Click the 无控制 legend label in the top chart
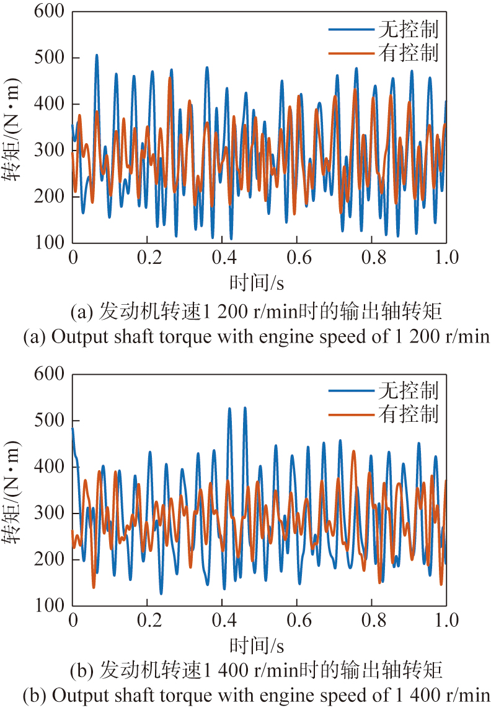click(x=407, y=29)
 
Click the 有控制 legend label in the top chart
click(x=407, y=53)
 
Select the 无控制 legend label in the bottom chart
click(x=407, y=391)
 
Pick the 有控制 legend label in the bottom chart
click(x=407, y=414)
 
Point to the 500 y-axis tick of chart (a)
click(x=51, y=58)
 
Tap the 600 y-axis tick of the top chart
click(x=51, y=12)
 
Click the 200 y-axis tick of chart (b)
click(x=51, y=559)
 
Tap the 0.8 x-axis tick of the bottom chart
click(x=371, y=620)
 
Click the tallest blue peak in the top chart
click(x=97, y=55)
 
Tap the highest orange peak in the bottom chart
click(x=354, y=452)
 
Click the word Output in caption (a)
click(x=74, y=337)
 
